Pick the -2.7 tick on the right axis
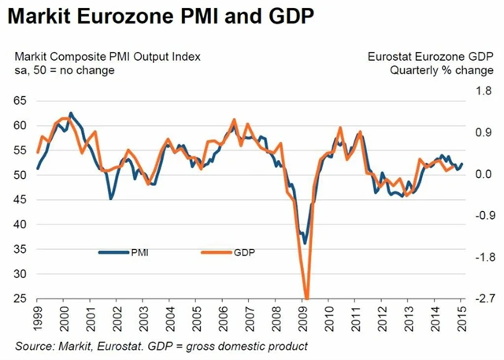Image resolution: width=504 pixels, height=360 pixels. tap(483, 299)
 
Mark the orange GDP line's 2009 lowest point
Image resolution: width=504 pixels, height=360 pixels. tap(306, 298)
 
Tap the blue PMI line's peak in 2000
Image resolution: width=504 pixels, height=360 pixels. tap(71, 113)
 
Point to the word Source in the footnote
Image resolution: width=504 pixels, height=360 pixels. tap(35, 346)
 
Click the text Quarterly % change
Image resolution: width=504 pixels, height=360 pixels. tap(441, 70)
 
